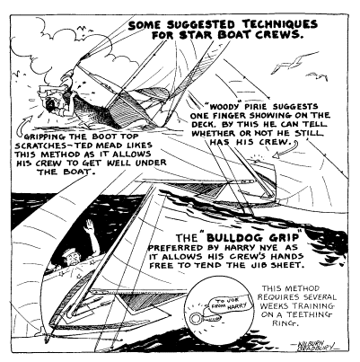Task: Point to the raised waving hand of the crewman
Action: tap(89, 226)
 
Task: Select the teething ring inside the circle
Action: tap(204, 318)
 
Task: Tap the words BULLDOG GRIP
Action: tap(253, 238)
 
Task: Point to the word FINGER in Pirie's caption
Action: tap(232, 115)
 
